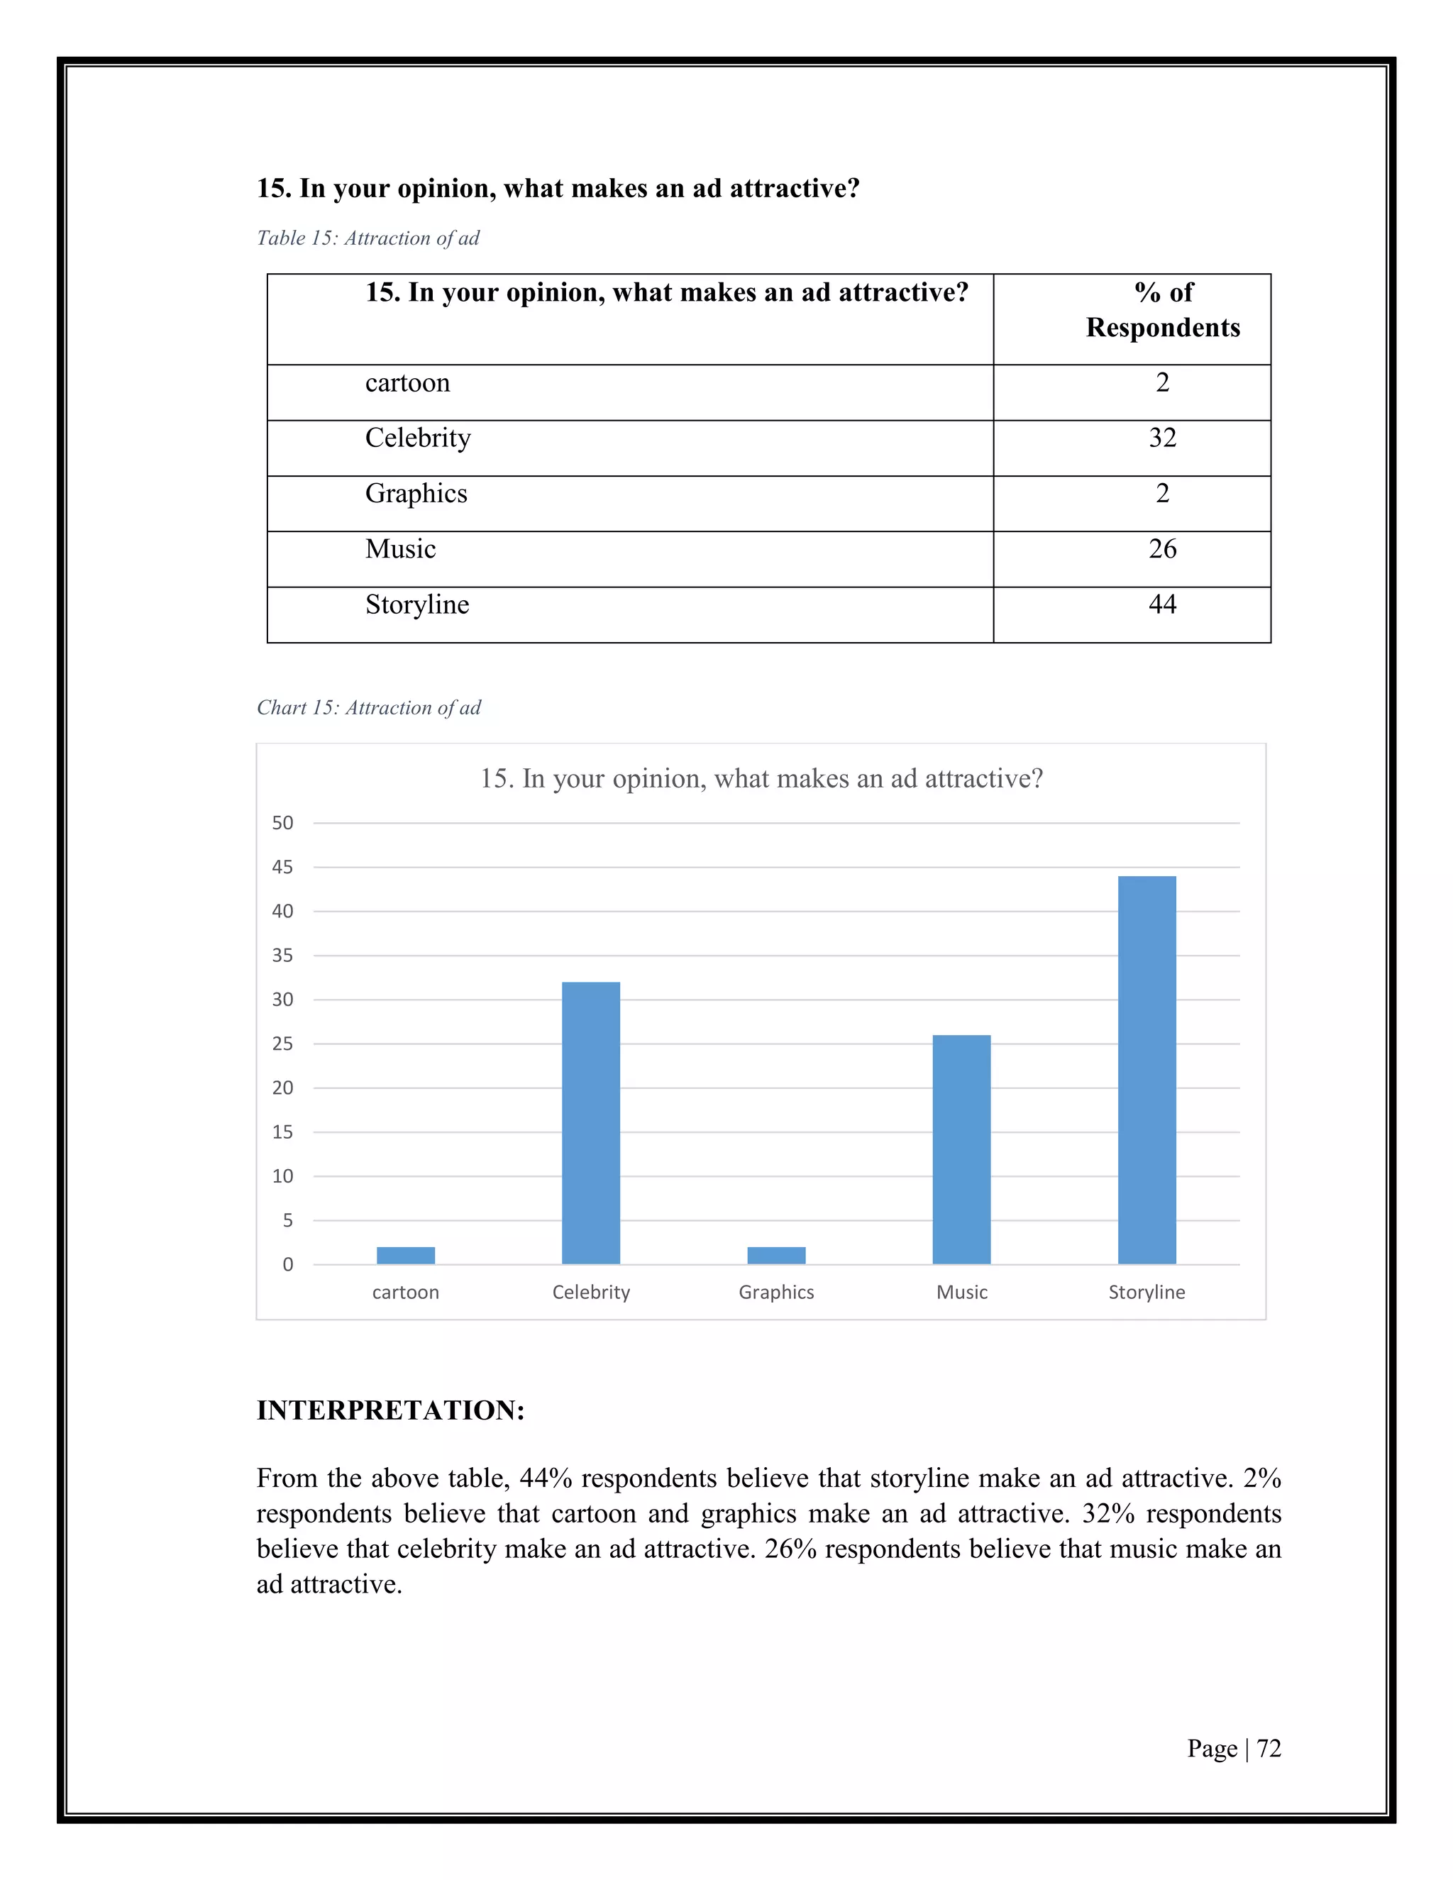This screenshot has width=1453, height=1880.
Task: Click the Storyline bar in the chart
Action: click(x=1147, y=1070)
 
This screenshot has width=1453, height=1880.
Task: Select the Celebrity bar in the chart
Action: click(x=590, y=1122)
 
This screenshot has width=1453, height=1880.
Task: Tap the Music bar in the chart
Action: click(x=961, y=1149)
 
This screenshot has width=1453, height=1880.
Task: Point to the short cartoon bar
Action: click(x=405, y=1255)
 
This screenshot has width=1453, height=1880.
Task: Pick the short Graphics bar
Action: click(x=776, y=1255)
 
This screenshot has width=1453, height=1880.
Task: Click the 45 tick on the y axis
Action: click(x=282, y=868)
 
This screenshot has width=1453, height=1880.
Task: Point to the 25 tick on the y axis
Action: click(x=282, y=1044)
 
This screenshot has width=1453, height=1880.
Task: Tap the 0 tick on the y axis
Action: click(x=287, y=1264)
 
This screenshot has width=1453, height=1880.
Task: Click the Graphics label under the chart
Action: click(x=776, y=1292)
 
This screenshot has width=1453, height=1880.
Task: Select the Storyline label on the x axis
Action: click(x=1147, y=1292)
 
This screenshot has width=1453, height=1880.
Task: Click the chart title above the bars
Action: click(x=761, y=778)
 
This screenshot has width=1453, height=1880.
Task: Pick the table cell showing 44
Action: click(x=1162, y=604)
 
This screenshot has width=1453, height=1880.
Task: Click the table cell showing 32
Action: click(x=1162, y=438)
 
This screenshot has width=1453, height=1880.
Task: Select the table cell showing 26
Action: click(x=1162, y=549)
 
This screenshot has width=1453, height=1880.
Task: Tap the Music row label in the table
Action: click(x=400, y=549)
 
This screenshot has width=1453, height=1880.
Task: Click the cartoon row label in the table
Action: click(x=407, y=383)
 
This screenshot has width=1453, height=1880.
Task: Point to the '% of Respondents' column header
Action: click(x=1163, y=310)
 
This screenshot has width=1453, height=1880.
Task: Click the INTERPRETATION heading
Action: click(x=391, y=1411)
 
